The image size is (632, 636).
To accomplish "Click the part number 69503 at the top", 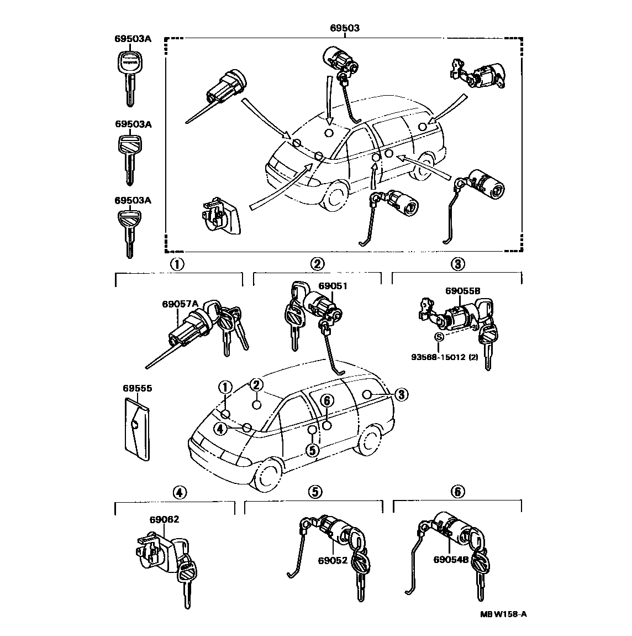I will click(344, 27).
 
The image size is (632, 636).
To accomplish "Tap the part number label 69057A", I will click(180, 304).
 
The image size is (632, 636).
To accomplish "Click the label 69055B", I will click(462, 290).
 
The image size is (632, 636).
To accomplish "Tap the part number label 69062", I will click(164, 519).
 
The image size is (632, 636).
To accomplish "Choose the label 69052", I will click(333, 560).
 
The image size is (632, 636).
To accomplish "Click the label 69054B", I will click(451, 559).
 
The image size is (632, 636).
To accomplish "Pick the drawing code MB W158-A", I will click(503, 613).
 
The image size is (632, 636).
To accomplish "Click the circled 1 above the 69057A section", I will click(177, 264).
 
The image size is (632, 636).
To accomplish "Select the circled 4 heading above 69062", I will click(178, 491).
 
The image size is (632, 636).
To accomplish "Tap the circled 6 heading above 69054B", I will click(458, 491).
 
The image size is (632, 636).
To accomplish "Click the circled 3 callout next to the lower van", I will click(401, 394).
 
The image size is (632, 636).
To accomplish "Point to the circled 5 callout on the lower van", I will click(313, 450).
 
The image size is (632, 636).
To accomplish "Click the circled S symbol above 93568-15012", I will click(439, 337).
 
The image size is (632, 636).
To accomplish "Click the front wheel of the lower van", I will click(268, 476).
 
